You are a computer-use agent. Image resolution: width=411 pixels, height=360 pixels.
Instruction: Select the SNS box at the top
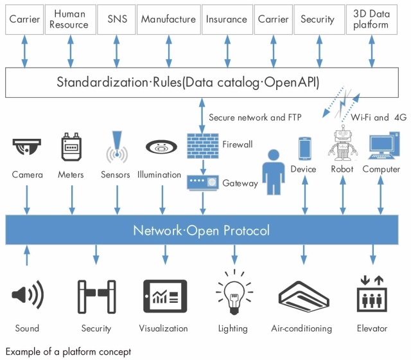click(x=117, y=19)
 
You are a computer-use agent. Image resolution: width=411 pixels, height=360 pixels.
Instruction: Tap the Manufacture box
click(x=168, y=19)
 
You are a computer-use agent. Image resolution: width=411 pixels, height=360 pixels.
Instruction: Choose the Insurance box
click(x=227, y=19)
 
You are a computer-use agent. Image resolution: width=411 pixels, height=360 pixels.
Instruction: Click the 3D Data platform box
click(x=371, y=19)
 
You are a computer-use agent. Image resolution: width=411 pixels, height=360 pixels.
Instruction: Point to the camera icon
click(x=27, y=147)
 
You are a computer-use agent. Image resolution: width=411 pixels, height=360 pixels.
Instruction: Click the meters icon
click(x=71, y=148)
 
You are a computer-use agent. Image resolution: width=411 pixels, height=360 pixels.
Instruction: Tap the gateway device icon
click(x=204, y=183)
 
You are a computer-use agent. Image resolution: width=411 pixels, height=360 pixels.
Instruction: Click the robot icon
click(x=342, y=145)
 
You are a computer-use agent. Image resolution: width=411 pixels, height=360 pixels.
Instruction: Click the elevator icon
click(x=372, y=296)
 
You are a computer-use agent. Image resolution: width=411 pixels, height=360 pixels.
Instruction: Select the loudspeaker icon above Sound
click(x=27, y=296)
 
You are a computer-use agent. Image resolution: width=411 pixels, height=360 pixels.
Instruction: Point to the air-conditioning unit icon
click(x=302, y=298)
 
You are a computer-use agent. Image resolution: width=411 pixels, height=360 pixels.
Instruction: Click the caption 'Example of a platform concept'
click(x=68, y=351)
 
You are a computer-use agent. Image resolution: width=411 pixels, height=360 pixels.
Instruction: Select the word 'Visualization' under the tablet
click(x=164, y=328)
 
